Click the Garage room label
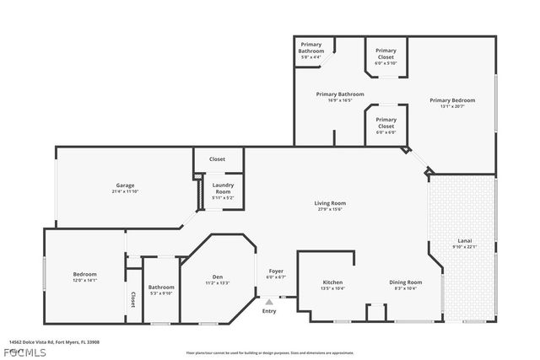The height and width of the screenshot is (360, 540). pyautogui.click(x=125, y=185)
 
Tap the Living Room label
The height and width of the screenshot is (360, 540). pyautogui.click(x=330, y=203)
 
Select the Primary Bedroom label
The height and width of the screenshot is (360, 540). pyautogui.click(x=447, y=100)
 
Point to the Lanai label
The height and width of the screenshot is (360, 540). pyautogui.click(x=464, y=240)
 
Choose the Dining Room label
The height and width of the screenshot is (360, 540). pyautogui.click(x=405, y=282)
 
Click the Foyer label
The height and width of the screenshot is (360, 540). pyautogui.click(x=276, y=271)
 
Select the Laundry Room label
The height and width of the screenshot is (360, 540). pyautogui.click(x=223, y=188)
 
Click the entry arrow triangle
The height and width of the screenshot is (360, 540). pyautogui.click(x=269, y=301)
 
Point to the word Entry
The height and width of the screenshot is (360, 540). pyautogui.click(x=269, y=311)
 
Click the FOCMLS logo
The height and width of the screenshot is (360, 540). pyautogui.click(x=24, y=351)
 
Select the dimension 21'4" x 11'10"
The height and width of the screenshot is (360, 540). pyautogui.click(x=125, y=191)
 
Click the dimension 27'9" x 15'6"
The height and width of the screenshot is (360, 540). pyautogui.click(x=330, y=209)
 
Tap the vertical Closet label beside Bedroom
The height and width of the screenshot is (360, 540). pyautogui.click(x=132, y=298)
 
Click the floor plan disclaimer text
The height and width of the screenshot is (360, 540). pyautogui.click(x=270, y=352)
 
